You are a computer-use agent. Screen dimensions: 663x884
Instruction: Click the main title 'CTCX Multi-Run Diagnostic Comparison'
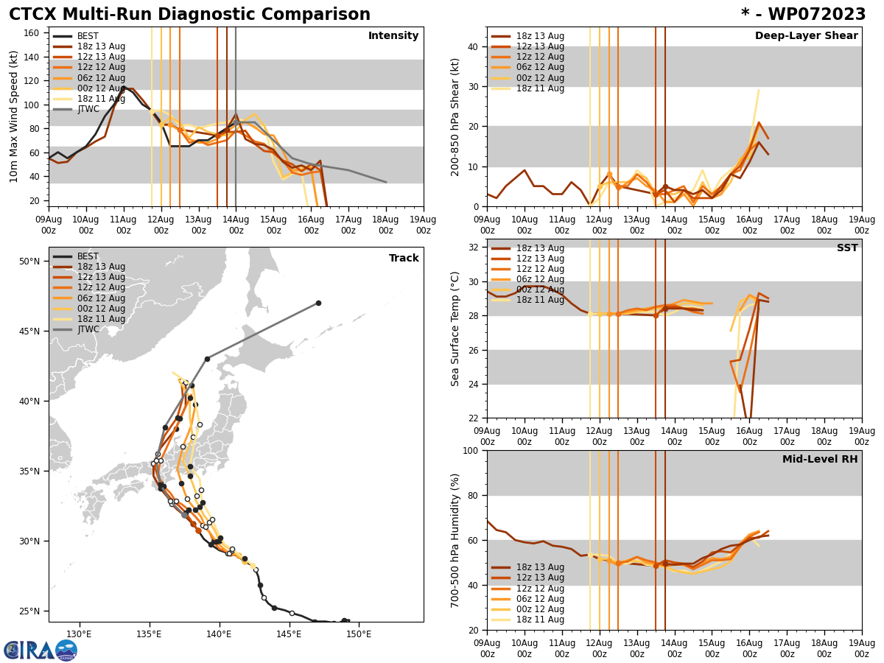click(189, 15)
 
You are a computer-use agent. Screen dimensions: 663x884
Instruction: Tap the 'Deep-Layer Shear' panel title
click(806, 36)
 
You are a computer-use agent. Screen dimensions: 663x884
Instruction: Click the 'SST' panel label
click(846, 248)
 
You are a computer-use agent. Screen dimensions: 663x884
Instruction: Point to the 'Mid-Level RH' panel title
click(820, 460)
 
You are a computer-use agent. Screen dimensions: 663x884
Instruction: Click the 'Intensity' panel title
click(393, 36)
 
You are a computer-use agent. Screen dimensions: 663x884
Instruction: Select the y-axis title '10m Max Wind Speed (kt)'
click(14, 116)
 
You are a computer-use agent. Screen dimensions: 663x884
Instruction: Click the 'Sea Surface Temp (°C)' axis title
click(455, 329)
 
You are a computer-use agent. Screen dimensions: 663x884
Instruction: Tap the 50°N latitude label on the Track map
click(29, 261)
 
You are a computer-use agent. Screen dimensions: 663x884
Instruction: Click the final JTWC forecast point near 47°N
click(318, 303)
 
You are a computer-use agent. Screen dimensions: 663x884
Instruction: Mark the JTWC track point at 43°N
click(207, 359)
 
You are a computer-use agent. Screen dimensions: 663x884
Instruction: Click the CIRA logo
click(40, 650)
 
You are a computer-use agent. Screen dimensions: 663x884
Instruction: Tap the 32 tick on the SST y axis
click(474, 248)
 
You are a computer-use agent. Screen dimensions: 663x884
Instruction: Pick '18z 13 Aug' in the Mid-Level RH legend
click(527, 567)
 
